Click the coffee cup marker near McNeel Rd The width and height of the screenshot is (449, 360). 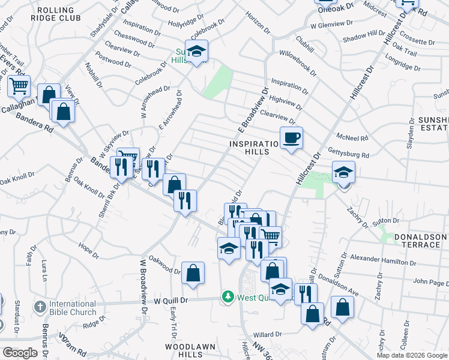tap(292, 137)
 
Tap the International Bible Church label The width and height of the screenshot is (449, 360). tap(73, 307)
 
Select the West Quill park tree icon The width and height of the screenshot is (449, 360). tap(228, 296)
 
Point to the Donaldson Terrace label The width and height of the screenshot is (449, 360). tap(420, 241)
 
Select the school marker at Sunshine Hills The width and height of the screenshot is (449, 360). tap(196, 52)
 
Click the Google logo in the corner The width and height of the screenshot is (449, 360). tap(20, 353)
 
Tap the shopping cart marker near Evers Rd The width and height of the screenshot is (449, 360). tap(18, 85)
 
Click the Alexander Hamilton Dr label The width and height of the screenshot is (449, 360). tap(383, 260)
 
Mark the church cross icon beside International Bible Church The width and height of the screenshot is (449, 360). tap(40, 307)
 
